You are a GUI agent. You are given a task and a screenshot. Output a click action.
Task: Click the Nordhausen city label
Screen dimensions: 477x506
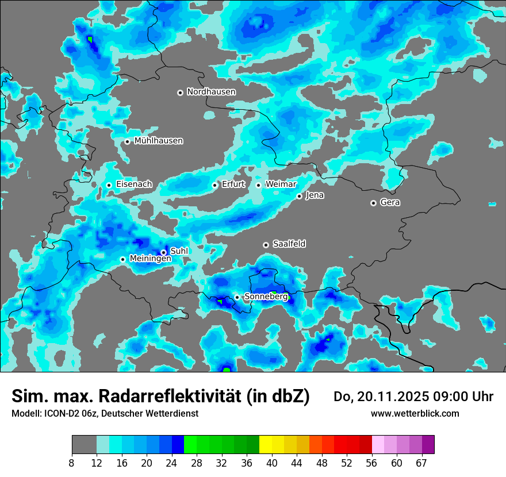click(211, 92)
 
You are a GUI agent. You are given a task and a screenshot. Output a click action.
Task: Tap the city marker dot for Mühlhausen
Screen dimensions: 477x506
click(127, 141)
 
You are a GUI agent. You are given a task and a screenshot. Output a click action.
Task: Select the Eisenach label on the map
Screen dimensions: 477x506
click(134, 184)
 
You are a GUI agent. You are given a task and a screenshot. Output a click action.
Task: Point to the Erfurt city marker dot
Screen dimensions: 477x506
click(215, 185)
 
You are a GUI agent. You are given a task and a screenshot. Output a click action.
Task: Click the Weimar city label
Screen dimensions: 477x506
click(281, 184)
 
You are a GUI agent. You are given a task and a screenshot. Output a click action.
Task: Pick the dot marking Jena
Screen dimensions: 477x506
click(300, 196)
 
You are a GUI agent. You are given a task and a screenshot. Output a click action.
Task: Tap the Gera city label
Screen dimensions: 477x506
click(390, 202)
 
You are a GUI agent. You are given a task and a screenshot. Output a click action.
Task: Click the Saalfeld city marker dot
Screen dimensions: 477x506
click(266, 245)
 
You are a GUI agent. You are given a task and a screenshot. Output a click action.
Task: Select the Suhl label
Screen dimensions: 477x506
click(179, 251)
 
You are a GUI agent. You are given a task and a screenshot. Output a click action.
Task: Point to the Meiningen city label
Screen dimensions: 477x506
click(151, 259)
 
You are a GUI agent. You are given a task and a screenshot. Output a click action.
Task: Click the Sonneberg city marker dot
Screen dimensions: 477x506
click(237, 297)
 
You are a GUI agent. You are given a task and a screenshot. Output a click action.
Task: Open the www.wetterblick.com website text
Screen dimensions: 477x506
click(415, 413)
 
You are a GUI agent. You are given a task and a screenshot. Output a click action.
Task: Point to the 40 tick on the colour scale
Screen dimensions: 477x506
click(272, 463)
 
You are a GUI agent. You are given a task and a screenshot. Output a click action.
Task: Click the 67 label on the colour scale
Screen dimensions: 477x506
click(421, 463)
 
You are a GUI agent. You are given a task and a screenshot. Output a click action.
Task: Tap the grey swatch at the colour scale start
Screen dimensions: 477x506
click(84, 444)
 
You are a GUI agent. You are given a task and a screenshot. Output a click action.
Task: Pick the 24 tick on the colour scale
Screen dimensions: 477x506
click(172, 463)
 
